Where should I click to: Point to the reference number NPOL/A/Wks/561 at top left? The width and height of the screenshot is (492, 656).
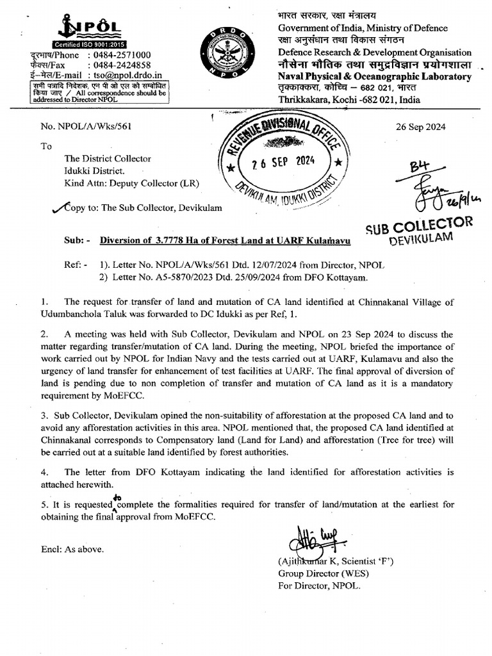tap(93, 127)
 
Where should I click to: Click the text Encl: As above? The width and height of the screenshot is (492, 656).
tap(70, 549)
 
